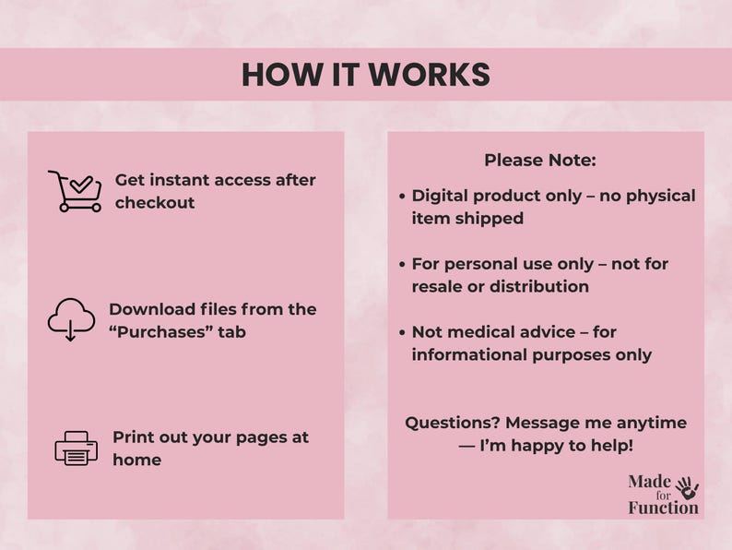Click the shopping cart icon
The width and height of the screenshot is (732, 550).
[x=75, y=191]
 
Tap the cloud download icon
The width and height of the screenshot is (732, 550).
[x=71, y=319]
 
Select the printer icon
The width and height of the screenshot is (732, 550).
[x=76, y=448]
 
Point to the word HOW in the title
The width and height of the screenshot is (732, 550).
[x=274, y=75]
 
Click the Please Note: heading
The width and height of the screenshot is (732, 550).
[x=540, y=160]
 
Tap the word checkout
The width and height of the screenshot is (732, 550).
[x=155, y=203]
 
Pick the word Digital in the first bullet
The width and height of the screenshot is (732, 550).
[x=442, y=196]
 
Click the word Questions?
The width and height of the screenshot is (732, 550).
[x=452, y=423]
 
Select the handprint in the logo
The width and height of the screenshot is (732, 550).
[x=687, y=487]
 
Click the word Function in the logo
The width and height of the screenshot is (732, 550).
[x=663, y=508]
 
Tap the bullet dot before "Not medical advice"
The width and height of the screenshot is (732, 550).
[x=403, y=331]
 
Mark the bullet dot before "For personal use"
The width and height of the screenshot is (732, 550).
[x=403, y=264]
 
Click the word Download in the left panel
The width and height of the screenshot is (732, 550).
[x=151, y=309]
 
